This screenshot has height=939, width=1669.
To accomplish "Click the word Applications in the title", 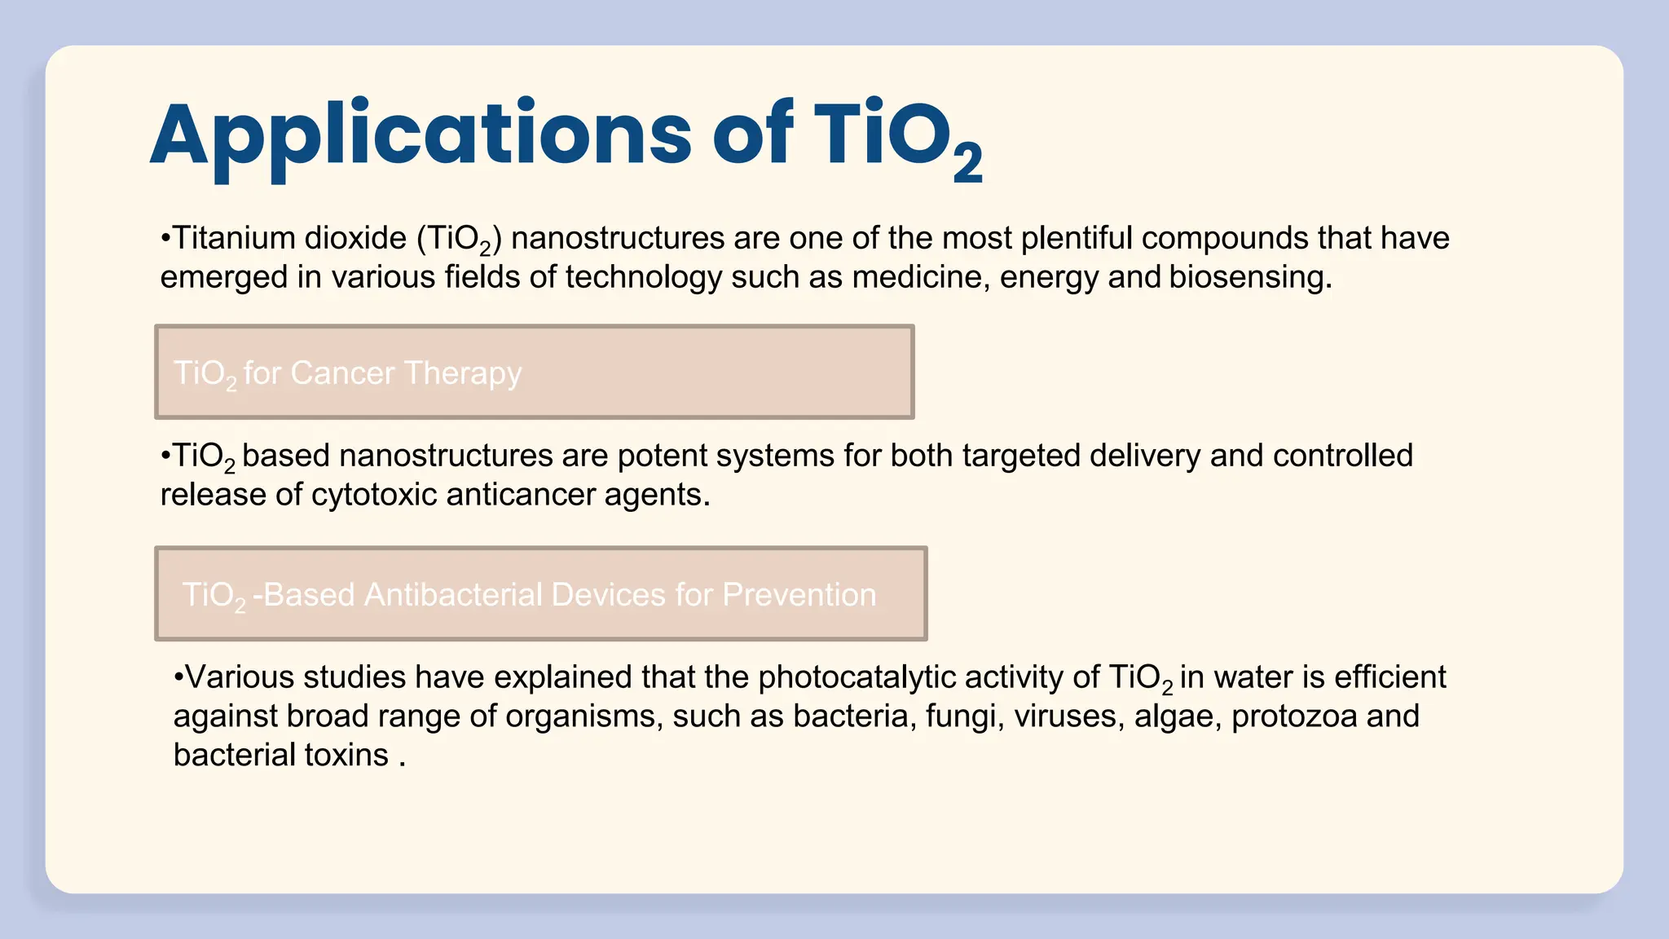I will tap(420, 134).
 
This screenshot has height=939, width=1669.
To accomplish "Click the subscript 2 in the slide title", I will tap(967, 164).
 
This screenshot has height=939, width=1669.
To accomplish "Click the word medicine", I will tap(920, 277).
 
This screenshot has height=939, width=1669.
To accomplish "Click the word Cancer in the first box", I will tap(342, 373).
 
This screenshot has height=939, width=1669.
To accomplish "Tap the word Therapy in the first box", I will tap(462, 373).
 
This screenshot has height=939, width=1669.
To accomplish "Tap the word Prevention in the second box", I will tap(799, 595).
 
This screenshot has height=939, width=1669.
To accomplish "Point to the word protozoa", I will tap(1294, 716).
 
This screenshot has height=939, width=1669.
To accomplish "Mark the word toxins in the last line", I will tap(346, 755).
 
